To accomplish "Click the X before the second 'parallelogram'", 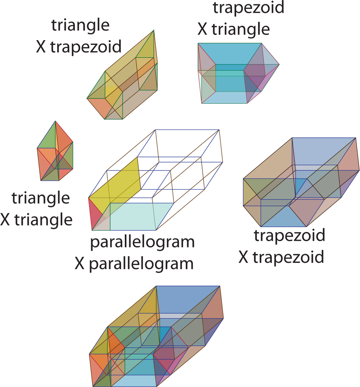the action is (x=81, y=264).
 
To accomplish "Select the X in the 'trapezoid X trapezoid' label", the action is (x=244, y=257).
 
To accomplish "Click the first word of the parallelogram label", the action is (x=142, y=243).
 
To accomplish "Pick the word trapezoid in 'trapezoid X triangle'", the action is (x=248, y=7).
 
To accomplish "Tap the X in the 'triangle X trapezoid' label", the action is (x=41, y=47).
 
